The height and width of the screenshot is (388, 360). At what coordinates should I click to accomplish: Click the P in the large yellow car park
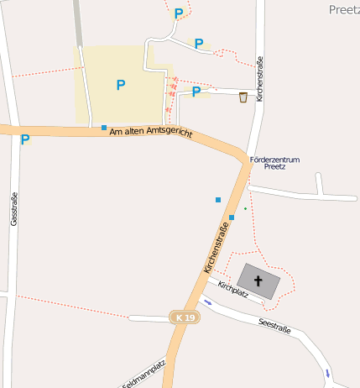pyautogui.click(x=121, y=85)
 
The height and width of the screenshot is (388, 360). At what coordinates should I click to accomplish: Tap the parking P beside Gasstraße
pyautogui.click(x=25, y=139)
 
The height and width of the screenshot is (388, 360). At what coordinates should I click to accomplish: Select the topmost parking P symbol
pyautogui.click(x=178, y=13)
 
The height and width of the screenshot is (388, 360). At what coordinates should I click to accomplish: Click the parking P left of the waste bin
pyautogui.click(x=196, y=92)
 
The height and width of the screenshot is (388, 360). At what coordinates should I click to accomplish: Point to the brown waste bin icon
pyautogui.click(x=243, y=97)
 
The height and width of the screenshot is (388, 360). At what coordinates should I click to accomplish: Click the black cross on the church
pyautogui.click(x=258, y=281)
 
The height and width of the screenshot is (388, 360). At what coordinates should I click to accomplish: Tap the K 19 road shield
pyautogui.click(x=185, y=317)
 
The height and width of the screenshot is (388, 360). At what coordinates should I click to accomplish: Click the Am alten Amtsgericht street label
pyautogui.click(x=151, y=133)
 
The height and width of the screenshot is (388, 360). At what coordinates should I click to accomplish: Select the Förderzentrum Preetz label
pyautogui.click(x=274, y=163)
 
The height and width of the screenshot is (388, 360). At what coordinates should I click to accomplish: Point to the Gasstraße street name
pyautogui.click(x=14, y=210)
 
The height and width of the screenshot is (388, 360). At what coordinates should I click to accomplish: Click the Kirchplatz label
pyautogui.click(x=232, y=290)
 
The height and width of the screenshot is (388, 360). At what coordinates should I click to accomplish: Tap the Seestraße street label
pyautogui.click(x=274, y=325)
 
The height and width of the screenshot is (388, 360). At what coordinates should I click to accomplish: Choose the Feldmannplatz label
pyautogui.click(x=145, y=375)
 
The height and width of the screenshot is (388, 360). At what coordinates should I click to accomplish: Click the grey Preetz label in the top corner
pyautogui.click(x=344, y=9)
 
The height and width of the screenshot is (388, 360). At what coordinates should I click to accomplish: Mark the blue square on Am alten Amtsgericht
pyautogui.click(x=104, y=128)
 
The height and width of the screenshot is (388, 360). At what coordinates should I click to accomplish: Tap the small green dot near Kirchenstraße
pyautogui.click(x=245, y=207)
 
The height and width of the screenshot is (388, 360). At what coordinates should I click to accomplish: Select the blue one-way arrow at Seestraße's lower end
pyautogui.click(x=326, y=372)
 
